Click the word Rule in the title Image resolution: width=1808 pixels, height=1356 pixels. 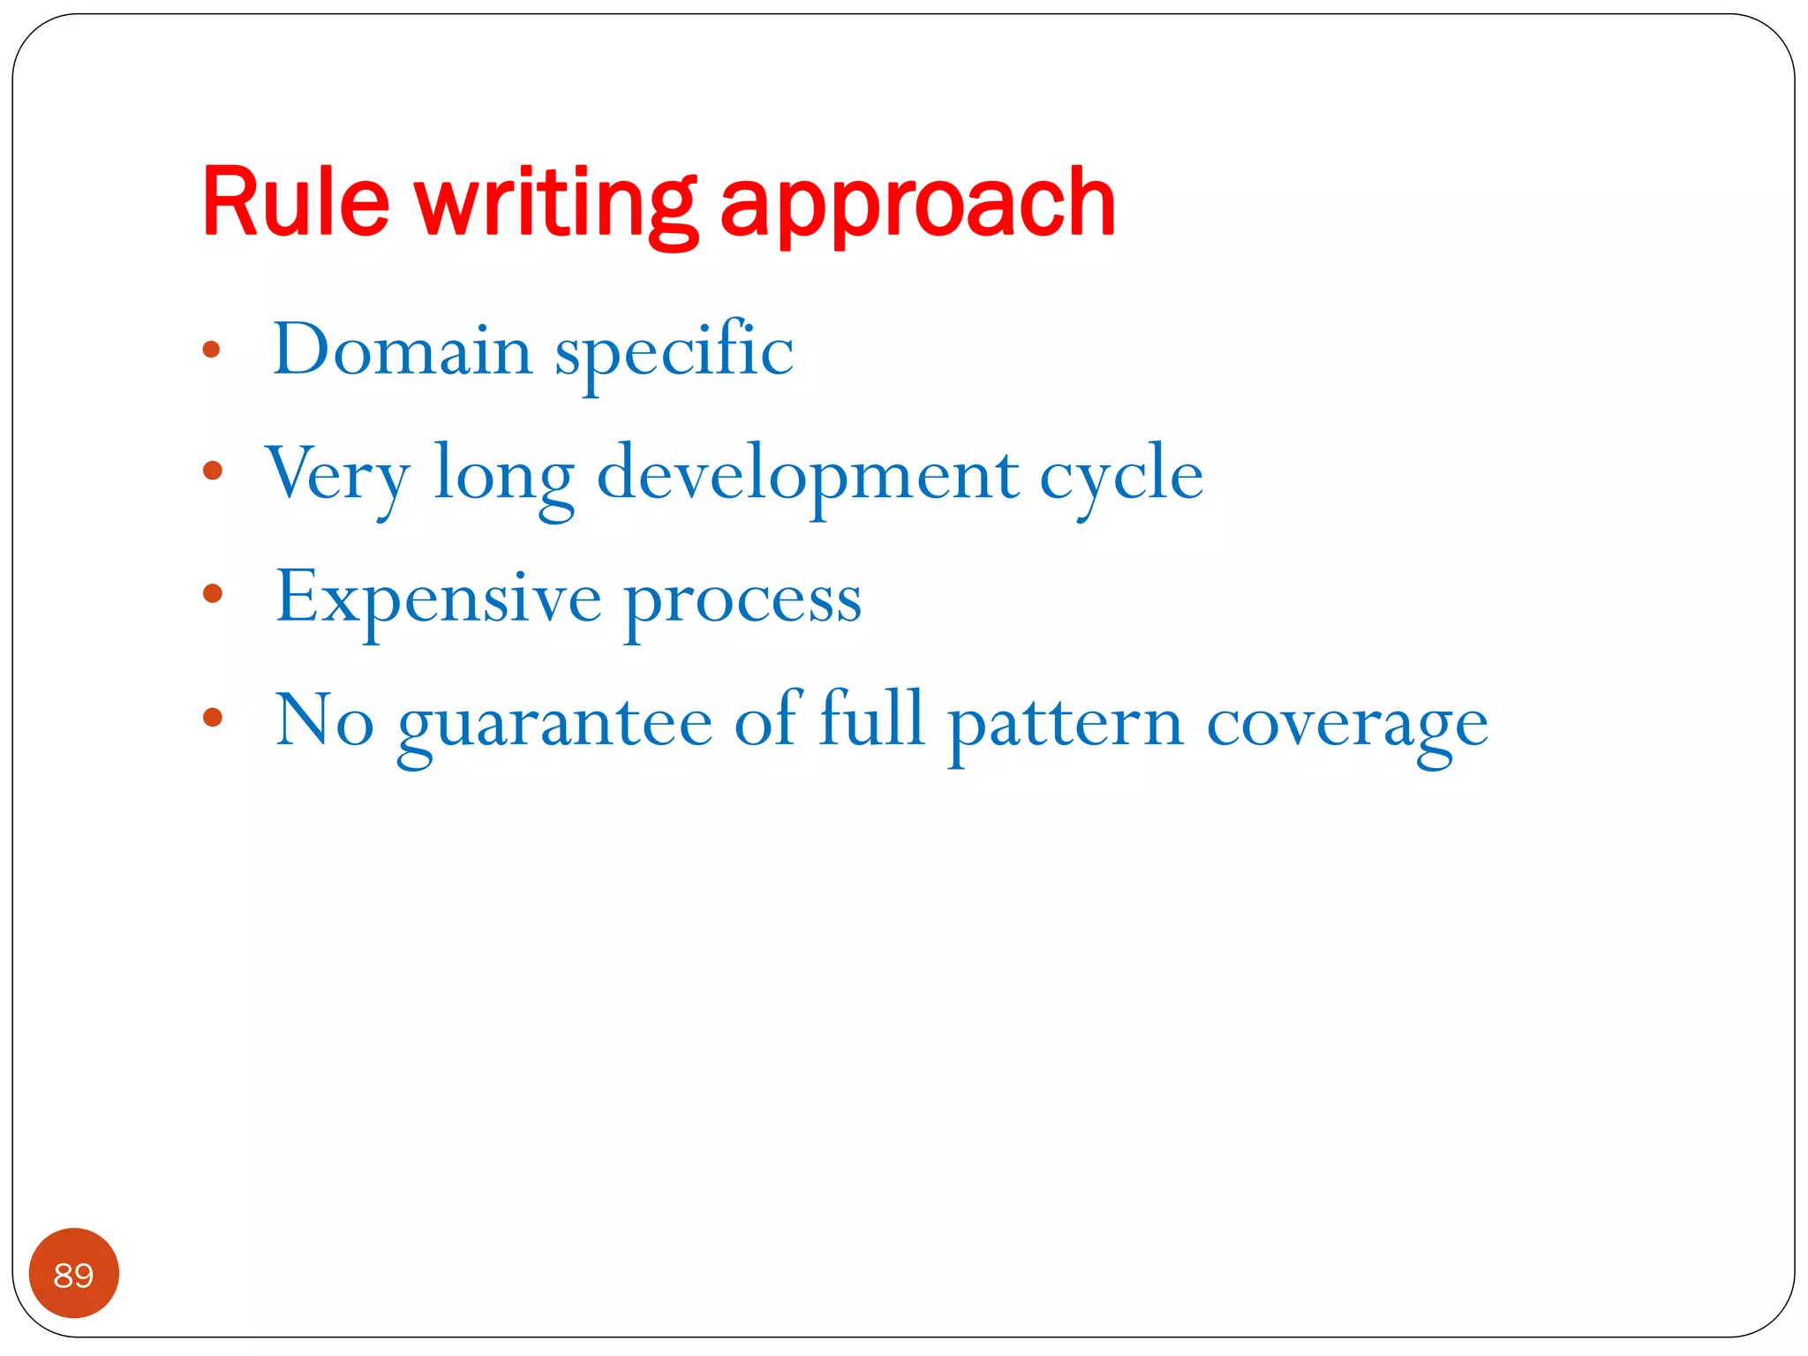[296, 202]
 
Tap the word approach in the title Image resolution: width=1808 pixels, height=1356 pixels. [918, 207]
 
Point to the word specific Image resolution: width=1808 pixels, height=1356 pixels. [674, 353]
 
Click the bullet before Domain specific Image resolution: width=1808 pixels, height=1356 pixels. [211, 350]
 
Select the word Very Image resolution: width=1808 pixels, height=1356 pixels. [337, 475]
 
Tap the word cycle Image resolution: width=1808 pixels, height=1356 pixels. [1121, 477]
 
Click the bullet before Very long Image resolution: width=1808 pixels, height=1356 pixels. [212, 471]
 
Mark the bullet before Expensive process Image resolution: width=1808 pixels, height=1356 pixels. [212, 593]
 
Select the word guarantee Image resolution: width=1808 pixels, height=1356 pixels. [555, 724]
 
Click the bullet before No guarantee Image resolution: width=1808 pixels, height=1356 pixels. [212, 716]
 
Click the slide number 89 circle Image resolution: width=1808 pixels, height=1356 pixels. [74, 1273]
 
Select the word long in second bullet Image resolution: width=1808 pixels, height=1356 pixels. [503, 477]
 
